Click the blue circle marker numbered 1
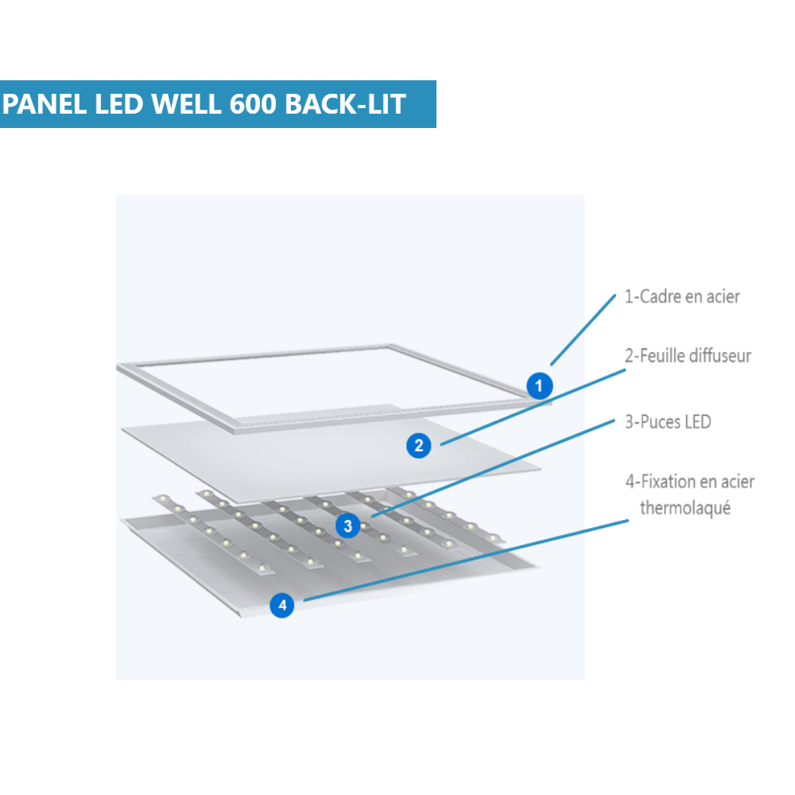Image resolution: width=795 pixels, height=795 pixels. point(540,387)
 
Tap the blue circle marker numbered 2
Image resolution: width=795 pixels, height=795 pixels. point(418,445)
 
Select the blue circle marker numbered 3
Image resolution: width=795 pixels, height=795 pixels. point(347,525)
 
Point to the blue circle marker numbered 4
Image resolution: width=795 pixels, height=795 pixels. point(281,605)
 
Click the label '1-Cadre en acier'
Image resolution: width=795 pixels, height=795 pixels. point(682,297)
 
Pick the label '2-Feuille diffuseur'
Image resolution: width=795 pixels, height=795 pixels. point(688,355)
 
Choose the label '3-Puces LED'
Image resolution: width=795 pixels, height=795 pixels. point(668,421)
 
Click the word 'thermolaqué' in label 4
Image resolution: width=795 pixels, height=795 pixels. point(685,507)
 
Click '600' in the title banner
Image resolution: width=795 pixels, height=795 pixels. point(253,104)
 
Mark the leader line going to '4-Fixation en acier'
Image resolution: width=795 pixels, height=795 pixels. point(461,561)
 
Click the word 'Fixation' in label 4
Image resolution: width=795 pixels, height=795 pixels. point(666,481)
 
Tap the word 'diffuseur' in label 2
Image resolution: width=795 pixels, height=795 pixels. point(719,355)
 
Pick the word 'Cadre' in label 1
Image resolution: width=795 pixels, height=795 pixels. point(661,297)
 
